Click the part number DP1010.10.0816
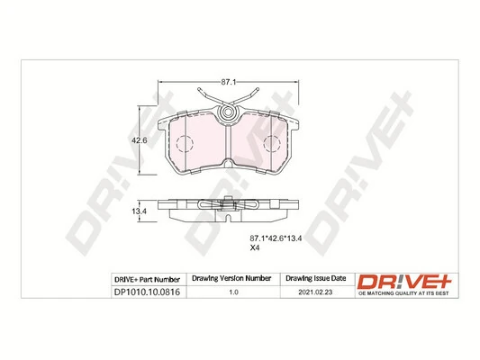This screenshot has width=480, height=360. coord(148,292)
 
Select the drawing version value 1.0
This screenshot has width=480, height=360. coord(233,292)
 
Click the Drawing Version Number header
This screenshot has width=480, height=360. coord(233,280)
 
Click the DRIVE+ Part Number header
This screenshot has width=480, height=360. coord(148,280)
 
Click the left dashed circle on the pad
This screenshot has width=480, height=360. coord(184,145)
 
